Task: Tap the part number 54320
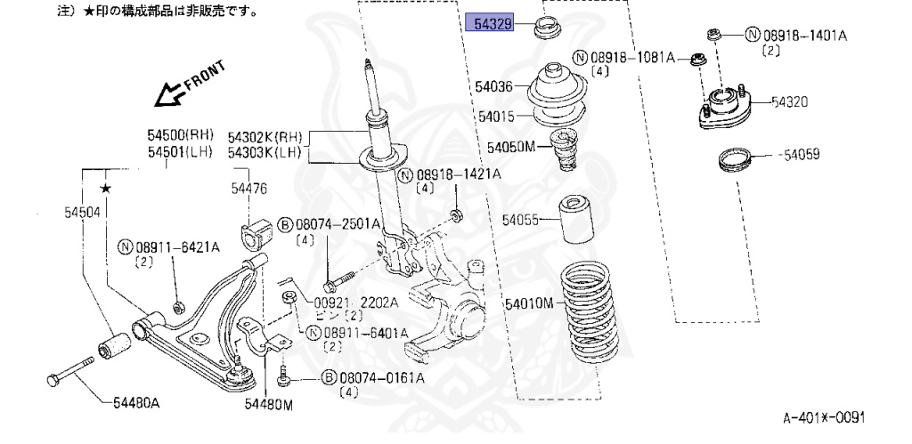pos(789,102)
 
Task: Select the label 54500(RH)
pos(181,135)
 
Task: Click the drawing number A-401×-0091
pos(824,416)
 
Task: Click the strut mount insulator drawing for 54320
pos(723,111)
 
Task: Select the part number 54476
pos(248,189)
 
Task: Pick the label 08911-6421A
pos(167,246)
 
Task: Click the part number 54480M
pos(269,406)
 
